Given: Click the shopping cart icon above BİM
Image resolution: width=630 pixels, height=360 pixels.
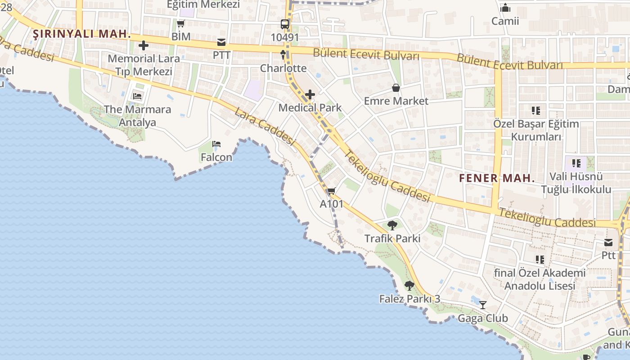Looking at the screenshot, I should (180, 23).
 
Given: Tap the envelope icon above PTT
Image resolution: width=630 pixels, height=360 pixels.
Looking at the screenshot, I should (221, 43).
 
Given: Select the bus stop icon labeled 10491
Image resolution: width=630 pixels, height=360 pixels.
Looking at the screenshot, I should (285, 24).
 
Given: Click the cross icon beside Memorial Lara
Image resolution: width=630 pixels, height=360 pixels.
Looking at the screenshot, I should (144, 45).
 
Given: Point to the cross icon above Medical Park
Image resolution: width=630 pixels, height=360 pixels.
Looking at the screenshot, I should (310, 94).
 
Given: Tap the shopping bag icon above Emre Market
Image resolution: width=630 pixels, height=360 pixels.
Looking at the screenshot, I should (396, 88).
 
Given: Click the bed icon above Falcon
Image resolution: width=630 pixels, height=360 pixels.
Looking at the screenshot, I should (216, 144).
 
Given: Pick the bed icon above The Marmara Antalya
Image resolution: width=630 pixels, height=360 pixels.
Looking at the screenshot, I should (137, 96).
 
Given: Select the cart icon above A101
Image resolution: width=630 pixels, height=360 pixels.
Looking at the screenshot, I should (332, 191).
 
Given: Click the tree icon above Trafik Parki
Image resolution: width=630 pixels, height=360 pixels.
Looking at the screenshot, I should (392, 225).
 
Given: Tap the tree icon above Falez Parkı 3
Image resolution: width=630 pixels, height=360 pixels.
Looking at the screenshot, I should (409, 285).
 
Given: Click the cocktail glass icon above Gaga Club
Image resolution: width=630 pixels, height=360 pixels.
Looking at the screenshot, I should (483, 305).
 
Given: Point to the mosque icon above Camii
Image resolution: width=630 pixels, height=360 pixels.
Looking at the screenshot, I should (505, 8).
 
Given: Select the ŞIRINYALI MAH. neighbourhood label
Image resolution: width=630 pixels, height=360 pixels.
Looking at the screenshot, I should (82, 34).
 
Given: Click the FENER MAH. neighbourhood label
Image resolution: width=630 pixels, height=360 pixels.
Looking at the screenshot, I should (497, 178).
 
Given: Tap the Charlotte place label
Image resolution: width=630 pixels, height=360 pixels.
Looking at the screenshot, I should (283, 68).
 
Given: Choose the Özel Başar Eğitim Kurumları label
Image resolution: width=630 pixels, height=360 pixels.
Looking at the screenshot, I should (536, 130).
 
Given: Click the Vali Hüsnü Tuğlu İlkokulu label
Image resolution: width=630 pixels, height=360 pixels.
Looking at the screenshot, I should (576, 183).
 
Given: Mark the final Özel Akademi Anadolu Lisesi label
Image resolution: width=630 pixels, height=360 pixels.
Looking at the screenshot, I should (540, 279).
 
